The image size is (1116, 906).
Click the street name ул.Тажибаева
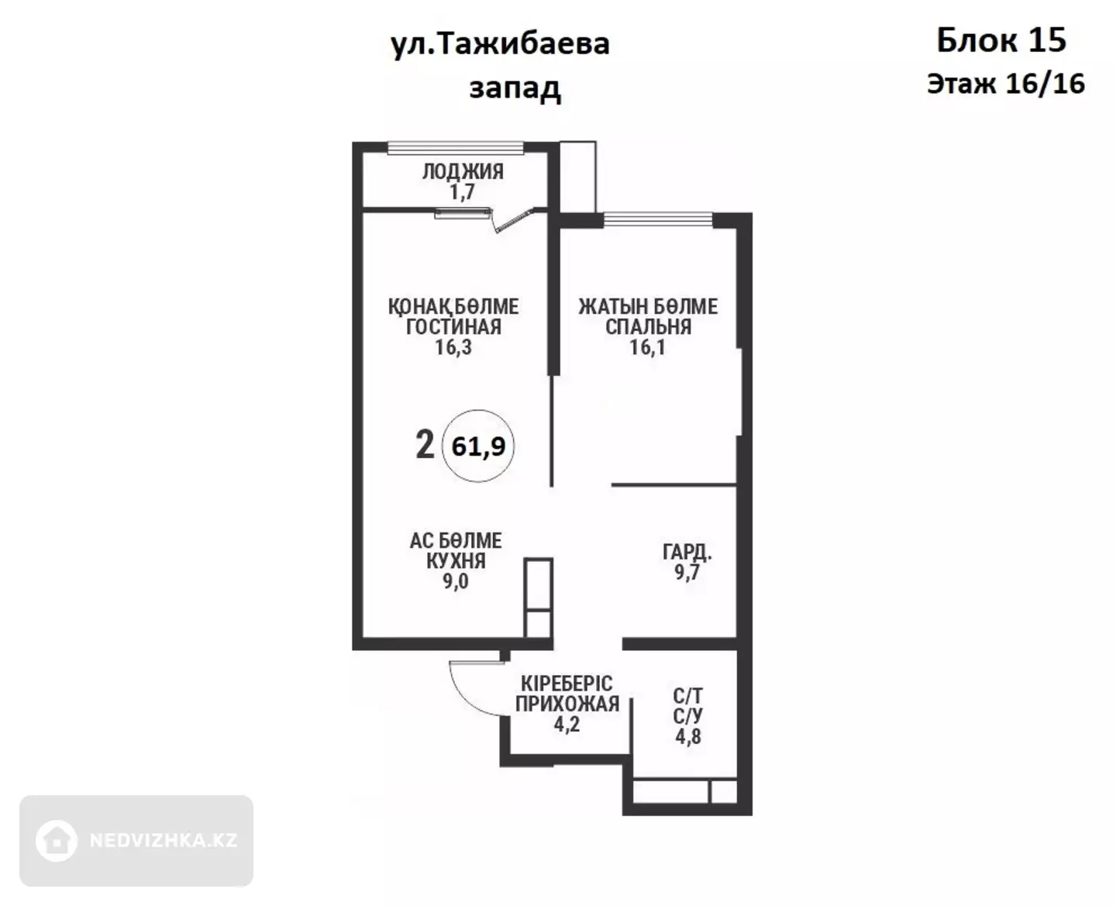click(x=500, y=45)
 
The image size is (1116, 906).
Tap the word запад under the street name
click(x=515, y=88)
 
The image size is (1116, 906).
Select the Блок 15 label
click(x=1001, y=40)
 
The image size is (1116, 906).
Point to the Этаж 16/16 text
click(x=1005, y=84)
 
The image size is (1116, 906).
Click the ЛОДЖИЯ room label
click(x=463, y=171)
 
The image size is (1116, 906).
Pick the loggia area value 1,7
click(x=462, y=191)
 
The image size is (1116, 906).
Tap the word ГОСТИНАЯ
click(x=453, y=326)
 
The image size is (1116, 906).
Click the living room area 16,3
click(x=453, y=347)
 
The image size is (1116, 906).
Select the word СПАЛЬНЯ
click(x=648, y=326)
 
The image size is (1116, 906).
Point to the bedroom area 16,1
click(x=648, y=347)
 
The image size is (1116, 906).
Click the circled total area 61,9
click(x=478, y=446)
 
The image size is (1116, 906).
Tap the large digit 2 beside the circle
click(x=425, y=444)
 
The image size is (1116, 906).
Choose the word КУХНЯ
click(x=456, y=560)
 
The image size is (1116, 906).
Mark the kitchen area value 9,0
click(x=455, y=581)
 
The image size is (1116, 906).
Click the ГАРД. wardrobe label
click(x=687, y=552)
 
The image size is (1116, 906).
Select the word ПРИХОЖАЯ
click(x=567, y=704)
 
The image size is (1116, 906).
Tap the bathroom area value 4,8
click(x=687, y=736)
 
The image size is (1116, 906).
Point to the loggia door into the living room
click(x=514, y=220)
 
